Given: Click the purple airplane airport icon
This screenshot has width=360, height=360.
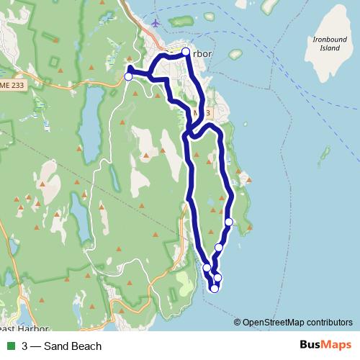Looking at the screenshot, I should point(156,23).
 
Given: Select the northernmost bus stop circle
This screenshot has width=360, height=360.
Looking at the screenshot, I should point(186,52).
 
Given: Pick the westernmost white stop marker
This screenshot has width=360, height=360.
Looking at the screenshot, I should point(129,76).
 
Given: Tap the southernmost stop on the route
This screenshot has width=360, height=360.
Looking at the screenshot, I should point(214,289).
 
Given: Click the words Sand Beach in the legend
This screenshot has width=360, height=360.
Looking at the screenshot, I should point(72,346).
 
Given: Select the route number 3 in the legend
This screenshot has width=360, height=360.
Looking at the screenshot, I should point(25,346).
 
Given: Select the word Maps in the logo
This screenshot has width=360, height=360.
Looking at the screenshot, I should point(335,346).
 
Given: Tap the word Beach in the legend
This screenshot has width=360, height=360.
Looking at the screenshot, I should point(87,346).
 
